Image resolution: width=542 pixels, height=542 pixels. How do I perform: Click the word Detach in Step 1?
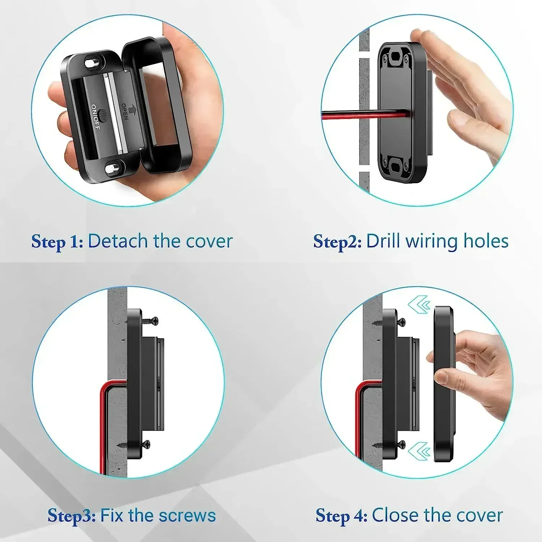pos(118,241)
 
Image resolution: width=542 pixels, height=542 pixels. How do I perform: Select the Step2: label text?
pos(337,241)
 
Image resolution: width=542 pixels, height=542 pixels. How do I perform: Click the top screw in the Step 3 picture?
pos(150,321)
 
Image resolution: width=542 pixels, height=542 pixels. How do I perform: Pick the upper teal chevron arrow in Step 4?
pos(419,305)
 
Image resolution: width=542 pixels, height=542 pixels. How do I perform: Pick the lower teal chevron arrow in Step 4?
pos(419,451)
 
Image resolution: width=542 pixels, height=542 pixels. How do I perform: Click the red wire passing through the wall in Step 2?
pos(343,115)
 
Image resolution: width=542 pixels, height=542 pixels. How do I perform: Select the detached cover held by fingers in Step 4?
pos(444,383)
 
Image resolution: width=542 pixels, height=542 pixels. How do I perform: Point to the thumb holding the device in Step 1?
pos(58,94)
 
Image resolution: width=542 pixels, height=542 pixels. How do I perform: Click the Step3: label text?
pos(71,516)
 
